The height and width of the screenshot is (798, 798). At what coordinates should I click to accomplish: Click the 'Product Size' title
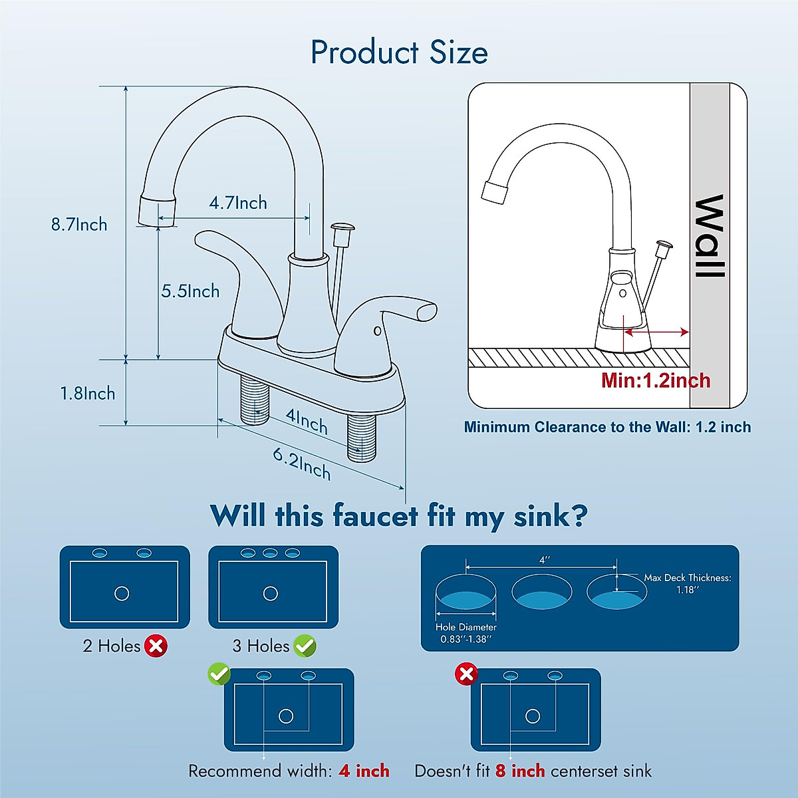[x=399, y=53]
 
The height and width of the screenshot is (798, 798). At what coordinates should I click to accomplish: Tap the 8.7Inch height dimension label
[x=79, y=225]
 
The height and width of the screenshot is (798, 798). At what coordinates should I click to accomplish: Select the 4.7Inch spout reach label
[x=238, y=203]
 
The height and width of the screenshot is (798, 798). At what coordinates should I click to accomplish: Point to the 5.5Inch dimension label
[x=190, y=291]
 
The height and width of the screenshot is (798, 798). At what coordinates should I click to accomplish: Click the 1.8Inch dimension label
[x=88, y=394]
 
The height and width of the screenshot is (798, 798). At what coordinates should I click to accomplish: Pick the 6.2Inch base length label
[x=302, y=464]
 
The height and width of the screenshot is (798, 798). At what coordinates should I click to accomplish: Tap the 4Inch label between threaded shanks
[x=307, y=421]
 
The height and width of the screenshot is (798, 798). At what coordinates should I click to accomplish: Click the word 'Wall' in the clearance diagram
[x=710, y=236]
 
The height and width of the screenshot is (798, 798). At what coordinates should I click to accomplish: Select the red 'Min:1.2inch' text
[x=656, y=380]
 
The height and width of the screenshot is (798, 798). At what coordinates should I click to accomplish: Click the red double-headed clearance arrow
[x=656, y=332]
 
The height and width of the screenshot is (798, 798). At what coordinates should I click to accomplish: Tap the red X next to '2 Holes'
[x=156, y=645]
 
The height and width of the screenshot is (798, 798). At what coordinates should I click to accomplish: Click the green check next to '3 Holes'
[x=305, y=645]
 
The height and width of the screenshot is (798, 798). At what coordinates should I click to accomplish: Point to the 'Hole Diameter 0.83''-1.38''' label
[x=465, y=633]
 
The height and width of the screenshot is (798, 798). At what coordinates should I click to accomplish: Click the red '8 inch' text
[x=520, y=771]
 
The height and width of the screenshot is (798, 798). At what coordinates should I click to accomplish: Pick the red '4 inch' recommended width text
[x=364, y=771]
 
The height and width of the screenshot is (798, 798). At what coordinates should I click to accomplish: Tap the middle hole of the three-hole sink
[x=270, y=553]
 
